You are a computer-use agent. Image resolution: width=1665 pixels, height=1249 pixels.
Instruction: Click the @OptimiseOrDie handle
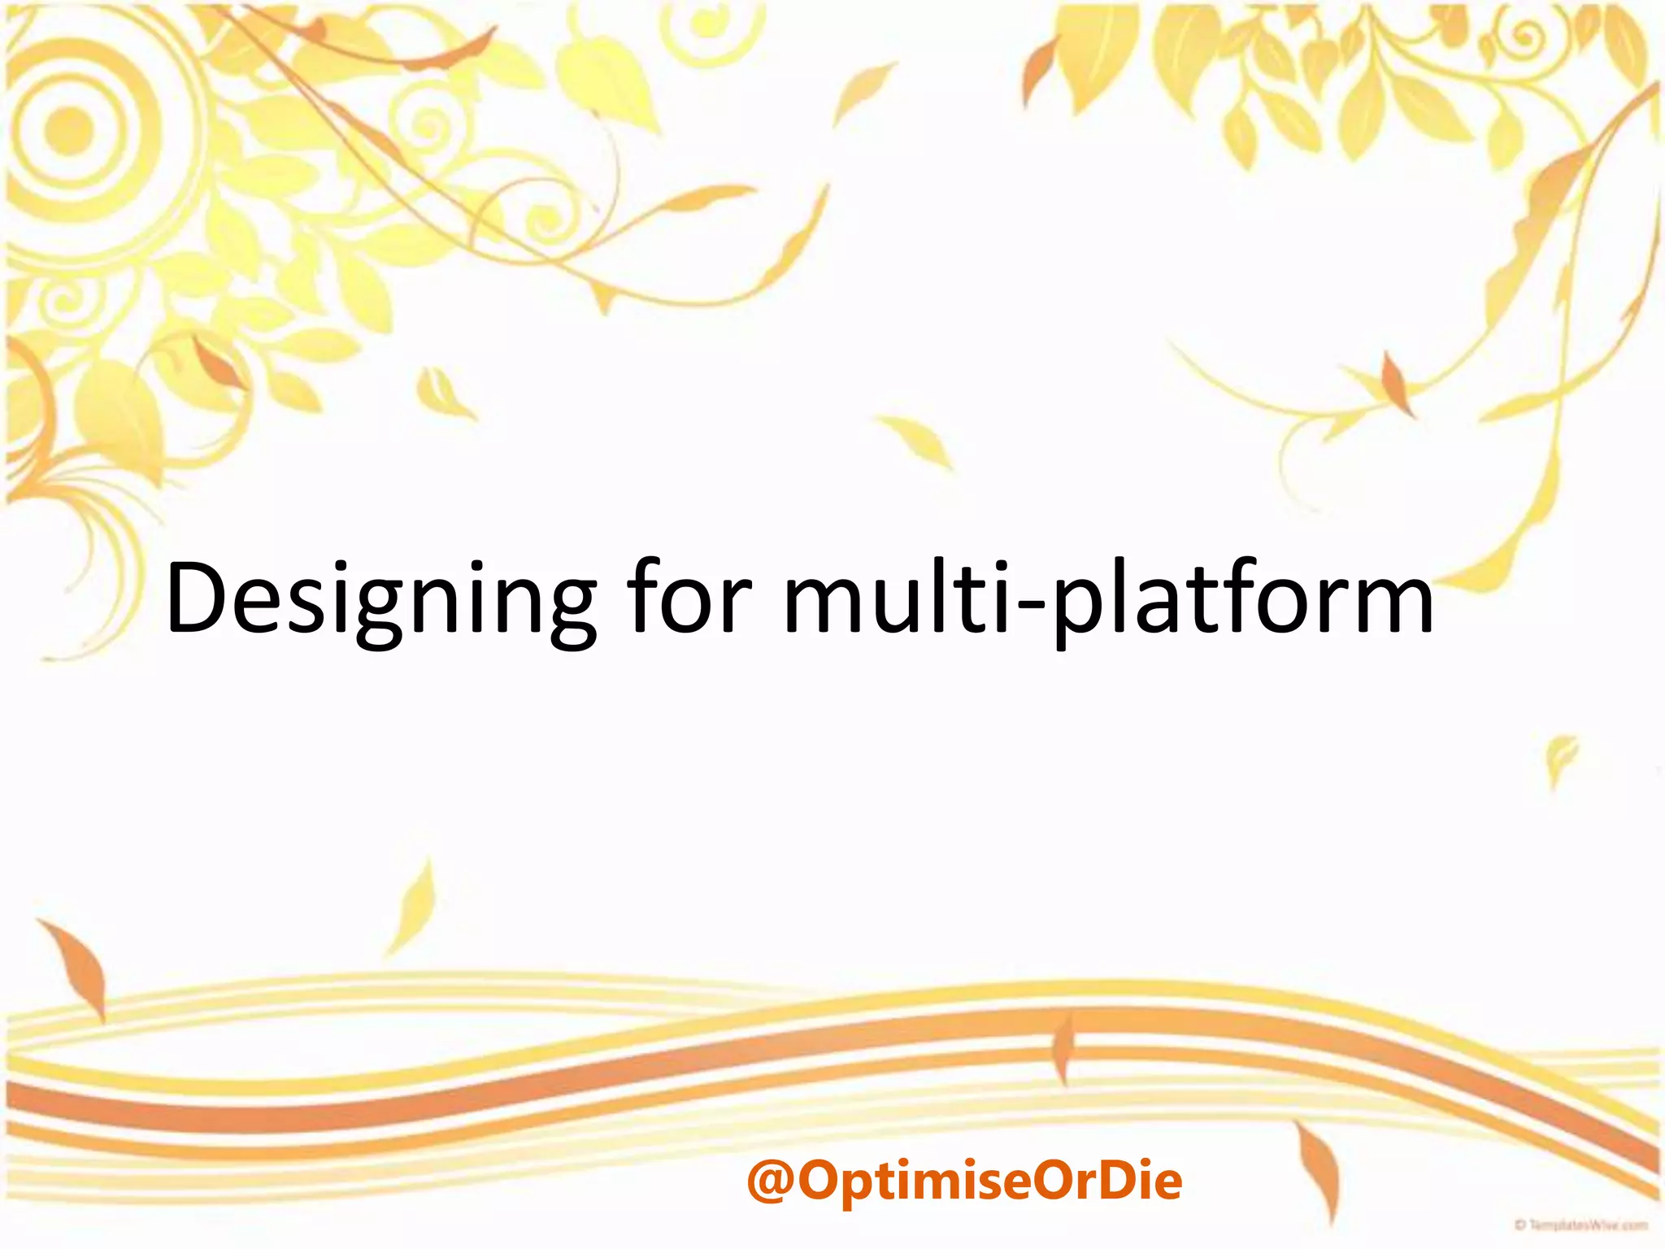964,1180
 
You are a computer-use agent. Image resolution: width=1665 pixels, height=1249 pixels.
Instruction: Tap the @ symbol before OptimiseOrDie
770,1182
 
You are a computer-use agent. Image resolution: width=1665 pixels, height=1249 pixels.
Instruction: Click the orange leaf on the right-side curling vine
1397,382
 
